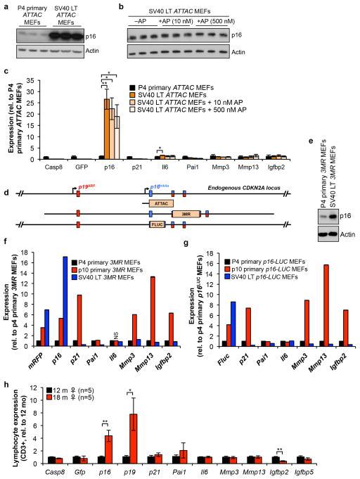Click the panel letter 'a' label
click(x=4, y=6)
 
